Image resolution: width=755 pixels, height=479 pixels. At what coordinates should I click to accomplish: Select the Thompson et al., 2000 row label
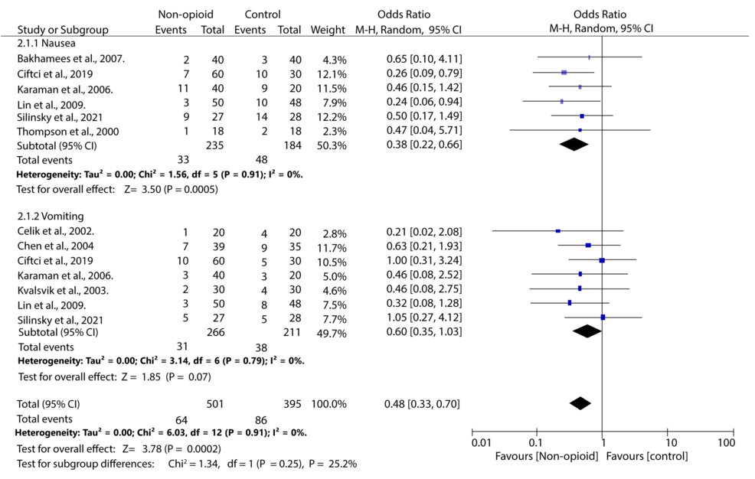[68, 132]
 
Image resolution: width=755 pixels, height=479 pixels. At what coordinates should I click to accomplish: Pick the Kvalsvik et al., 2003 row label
[63, 290]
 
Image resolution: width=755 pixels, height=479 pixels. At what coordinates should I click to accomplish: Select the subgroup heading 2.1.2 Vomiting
[49, 217]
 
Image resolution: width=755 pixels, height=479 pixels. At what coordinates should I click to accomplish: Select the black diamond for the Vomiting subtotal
[587, 331]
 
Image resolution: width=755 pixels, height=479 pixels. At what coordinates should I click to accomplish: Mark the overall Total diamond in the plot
[580, 403]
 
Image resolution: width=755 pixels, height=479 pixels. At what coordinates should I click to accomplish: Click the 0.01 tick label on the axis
[480, 442]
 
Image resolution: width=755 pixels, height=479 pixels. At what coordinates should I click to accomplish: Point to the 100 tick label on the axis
[724, 442]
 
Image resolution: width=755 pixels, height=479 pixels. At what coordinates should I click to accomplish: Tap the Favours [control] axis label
[647, 457]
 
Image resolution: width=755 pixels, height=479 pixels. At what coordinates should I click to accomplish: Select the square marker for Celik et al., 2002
[558, 230]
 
